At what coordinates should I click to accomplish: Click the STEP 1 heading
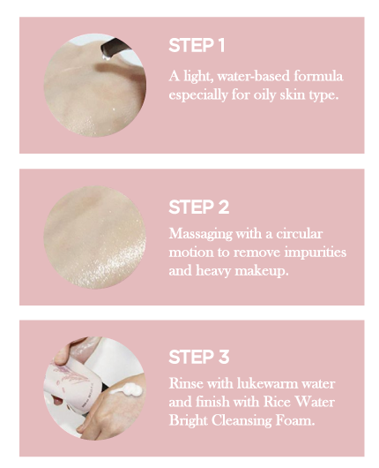click(x=197, y=45)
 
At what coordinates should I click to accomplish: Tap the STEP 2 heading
click(x=198, y=207)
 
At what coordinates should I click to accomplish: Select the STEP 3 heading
click(x=198, y=357)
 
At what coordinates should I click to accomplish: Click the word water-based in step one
click(x=253, y=77)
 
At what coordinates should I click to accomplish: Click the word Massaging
click(x=201, y=234)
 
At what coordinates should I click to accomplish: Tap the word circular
click(x=299, y=233)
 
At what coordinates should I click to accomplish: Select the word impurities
click(x=316, y=253)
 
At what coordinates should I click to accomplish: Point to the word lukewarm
click(x=268, y=383)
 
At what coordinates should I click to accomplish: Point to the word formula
click(x=318, y=77)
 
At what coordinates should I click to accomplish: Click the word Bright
click(x=189, y=421)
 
